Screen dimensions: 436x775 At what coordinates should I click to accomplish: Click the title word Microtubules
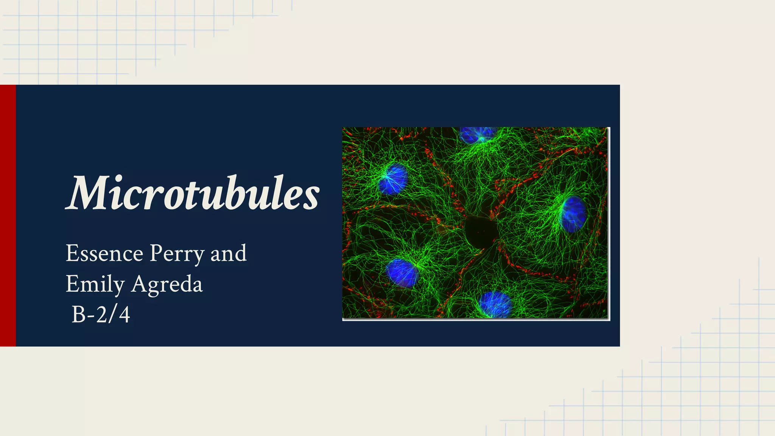(193, 193)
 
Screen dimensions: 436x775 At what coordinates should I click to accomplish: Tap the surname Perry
(177, 254)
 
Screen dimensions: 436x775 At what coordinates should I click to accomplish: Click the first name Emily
(95, 284)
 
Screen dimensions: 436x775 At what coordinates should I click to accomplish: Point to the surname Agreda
(167, 284)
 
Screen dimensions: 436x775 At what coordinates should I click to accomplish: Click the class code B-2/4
(101, 315)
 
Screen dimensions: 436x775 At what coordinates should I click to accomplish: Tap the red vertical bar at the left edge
(8, 215)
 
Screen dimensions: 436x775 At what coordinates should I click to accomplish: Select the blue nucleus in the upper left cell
(394, 179)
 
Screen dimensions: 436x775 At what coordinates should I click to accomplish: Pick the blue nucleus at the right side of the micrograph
(574, 214)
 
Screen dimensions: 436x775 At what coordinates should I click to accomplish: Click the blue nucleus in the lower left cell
(402, 273)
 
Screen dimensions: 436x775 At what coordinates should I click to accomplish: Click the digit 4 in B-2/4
(124, 315)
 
